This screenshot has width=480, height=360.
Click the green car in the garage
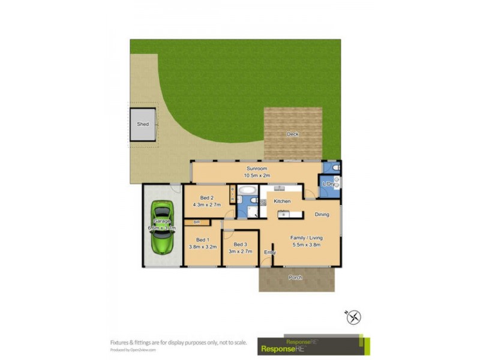point(162,227)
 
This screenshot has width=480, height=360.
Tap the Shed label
point(143,124)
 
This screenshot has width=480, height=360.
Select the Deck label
point(292,134)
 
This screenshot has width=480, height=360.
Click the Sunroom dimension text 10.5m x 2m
point(257,176)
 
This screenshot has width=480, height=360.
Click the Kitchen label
point(282,201)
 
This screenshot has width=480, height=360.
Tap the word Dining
point(322,214)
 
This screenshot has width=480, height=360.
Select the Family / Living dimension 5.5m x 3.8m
point(305,244)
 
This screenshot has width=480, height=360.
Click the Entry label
point(270,252)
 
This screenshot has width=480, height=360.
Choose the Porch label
point(295,277)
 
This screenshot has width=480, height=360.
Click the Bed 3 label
point(241,244)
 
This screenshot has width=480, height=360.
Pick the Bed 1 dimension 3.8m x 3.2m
point(203,247)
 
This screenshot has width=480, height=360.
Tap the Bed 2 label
point(206,197)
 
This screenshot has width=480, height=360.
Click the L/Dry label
point(328,184)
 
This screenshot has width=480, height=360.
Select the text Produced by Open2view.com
point(133,350)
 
